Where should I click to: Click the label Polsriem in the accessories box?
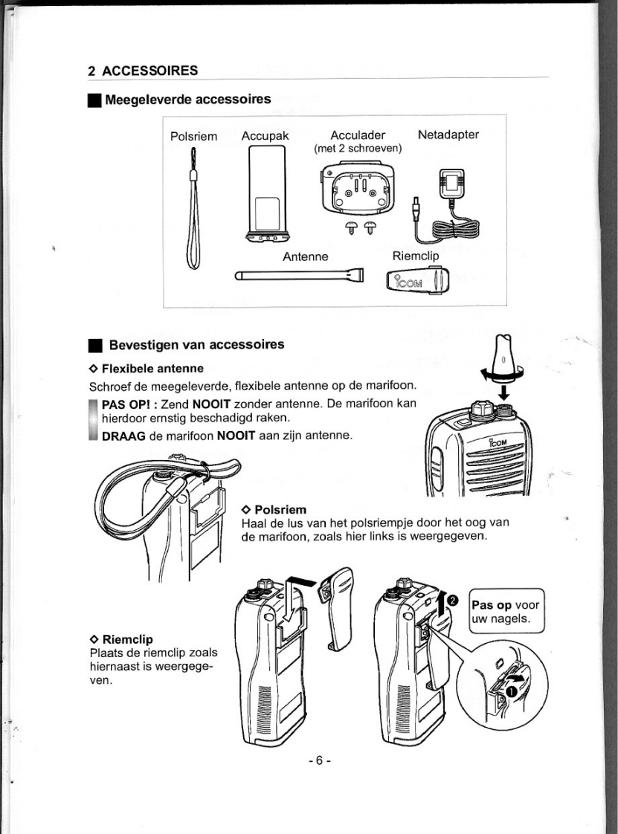coord(193,136)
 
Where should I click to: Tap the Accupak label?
coord(265,136)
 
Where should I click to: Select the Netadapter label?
coord(448,135)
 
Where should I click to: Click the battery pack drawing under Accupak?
coord(266,194)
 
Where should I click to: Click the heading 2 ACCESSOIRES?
coord(143,71)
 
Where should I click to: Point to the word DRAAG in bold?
coord(123,435)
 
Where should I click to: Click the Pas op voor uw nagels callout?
coord(508,610)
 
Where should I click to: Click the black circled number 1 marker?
coord(512,692)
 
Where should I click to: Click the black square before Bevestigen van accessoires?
coord(94,346)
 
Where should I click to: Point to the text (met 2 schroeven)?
coord(358,149)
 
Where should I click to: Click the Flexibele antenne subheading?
coord(152,368)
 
